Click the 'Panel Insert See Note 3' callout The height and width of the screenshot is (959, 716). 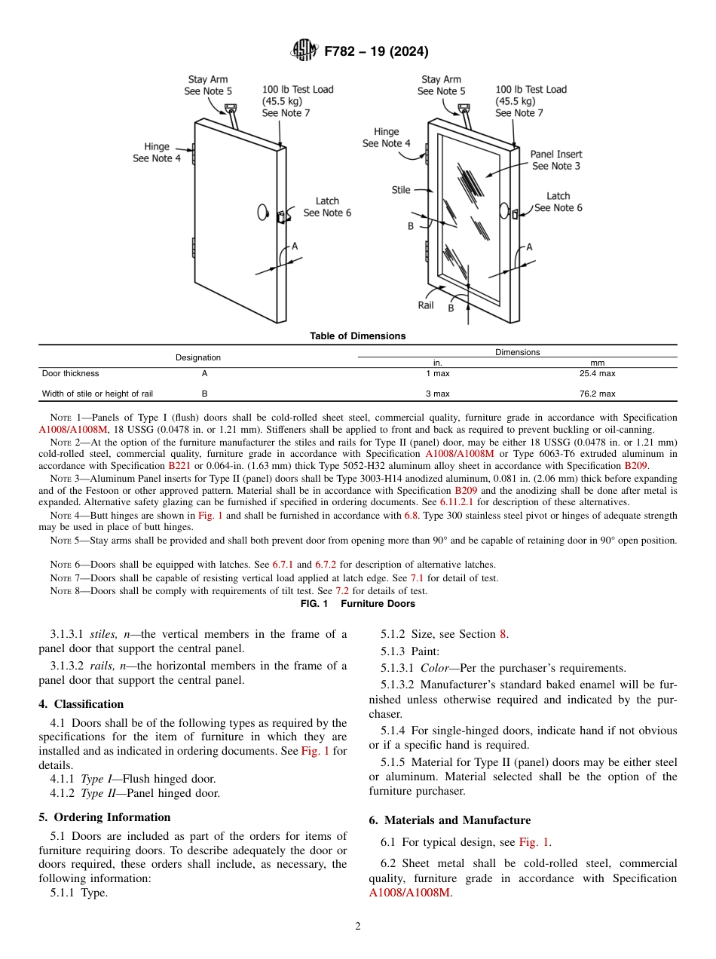pyautogui.click(x=556, y=160)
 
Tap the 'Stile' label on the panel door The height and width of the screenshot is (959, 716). pyautogui.click(x=401, y=190)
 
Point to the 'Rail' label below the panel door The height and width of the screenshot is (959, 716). pyautogui.click(x=426, y=305)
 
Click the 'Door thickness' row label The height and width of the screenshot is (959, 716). pyautogui.click(x=70, y=373)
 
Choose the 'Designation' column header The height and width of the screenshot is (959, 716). pyautogui.click(x=198, y=357)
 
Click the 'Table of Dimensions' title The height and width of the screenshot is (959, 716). pyautogui.click(x=357, y=336)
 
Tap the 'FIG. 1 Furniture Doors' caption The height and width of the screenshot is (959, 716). pyautogui.click(x=357, y=604)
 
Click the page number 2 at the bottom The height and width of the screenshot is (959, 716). pyautogui.click(x=358, y=927)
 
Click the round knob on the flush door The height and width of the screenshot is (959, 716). pyautogui.click(x=262, y=213)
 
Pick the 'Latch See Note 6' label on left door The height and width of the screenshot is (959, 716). pyautogui.click(x=327, y=207)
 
